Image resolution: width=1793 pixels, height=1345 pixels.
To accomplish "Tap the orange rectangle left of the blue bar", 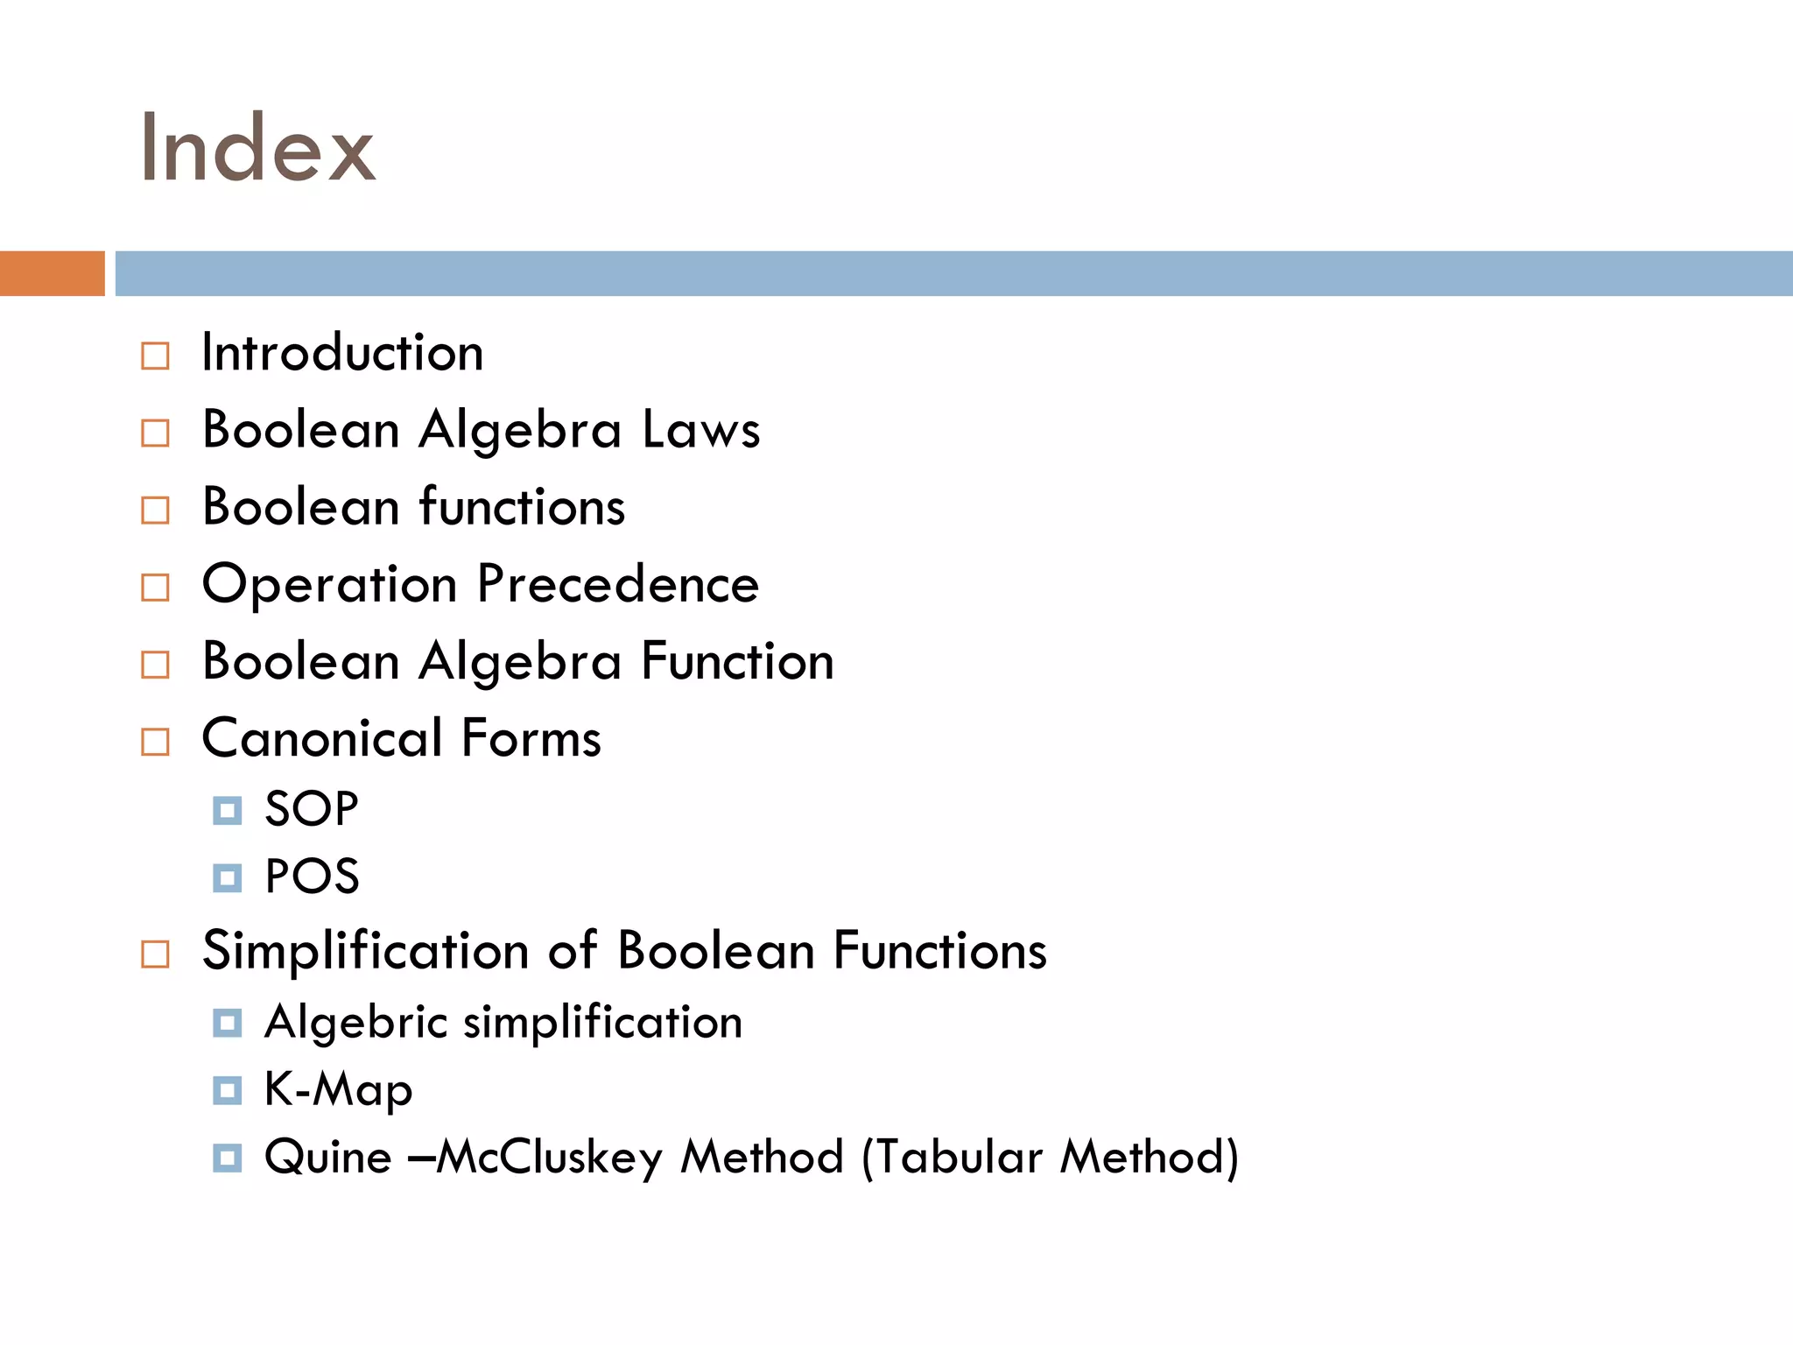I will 52,273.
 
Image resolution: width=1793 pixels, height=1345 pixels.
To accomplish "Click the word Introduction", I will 342,353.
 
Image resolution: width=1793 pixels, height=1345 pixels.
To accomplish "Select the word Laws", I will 700,430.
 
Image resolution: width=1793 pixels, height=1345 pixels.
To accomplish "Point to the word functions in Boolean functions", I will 522,507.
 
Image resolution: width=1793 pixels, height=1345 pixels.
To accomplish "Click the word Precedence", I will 618,584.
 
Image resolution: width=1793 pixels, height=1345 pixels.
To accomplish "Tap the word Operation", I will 329,584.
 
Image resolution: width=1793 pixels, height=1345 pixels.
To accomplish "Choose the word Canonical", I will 321,738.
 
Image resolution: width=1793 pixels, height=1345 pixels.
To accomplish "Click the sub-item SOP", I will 311,808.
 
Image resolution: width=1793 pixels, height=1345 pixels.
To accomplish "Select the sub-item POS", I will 312,877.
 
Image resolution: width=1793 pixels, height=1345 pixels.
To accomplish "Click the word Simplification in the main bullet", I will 365,951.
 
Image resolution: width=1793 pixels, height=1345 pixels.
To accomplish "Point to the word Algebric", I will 356,1022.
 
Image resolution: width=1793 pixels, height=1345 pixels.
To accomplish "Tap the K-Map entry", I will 338,1090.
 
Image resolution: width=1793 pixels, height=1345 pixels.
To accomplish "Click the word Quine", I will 327,1158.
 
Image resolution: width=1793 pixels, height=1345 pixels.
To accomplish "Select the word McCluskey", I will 550,1158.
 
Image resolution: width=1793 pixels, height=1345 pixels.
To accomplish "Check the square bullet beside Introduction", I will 155,356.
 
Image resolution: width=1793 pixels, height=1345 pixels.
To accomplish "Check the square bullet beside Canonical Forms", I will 155,742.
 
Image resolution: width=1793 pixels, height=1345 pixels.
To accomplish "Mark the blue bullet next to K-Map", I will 227,1091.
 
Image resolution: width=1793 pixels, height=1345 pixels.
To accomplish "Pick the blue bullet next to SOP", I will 227,811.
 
